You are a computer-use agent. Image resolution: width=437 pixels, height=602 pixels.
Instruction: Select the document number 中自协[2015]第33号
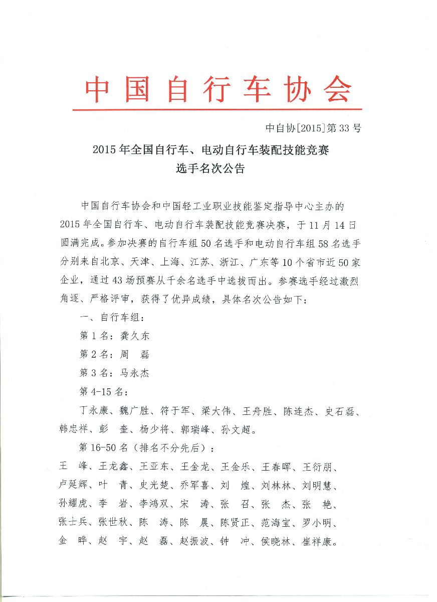pos(313,128)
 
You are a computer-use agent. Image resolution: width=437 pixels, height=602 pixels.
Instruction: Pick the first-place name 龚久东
pos(135,336)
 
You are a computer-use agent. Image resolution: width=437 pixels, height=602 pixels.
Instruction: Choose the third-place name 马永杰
pos(135,373)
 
